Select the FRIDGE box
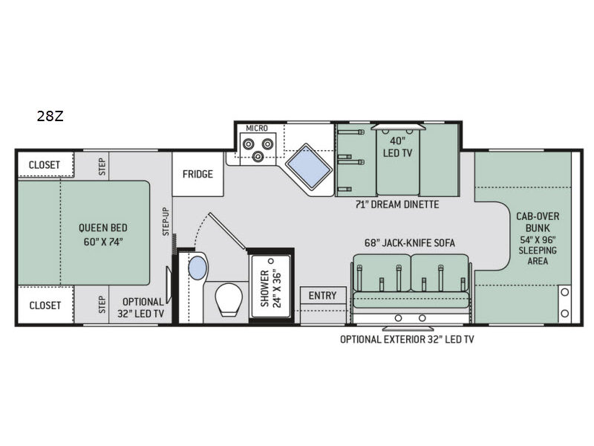tap(198, 175)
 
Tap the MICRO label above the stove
tap(257, 129)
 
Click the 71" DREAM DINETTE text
tap(397, 204)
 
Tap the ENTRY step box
tap(322, 296)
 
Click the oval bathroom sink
tap(198, 268)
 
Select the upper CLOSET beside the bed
tap(45, 164)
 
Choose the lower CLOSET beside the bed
tap(45, 306)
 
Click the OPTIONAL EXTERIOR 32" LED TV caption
tap(407, 340)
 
